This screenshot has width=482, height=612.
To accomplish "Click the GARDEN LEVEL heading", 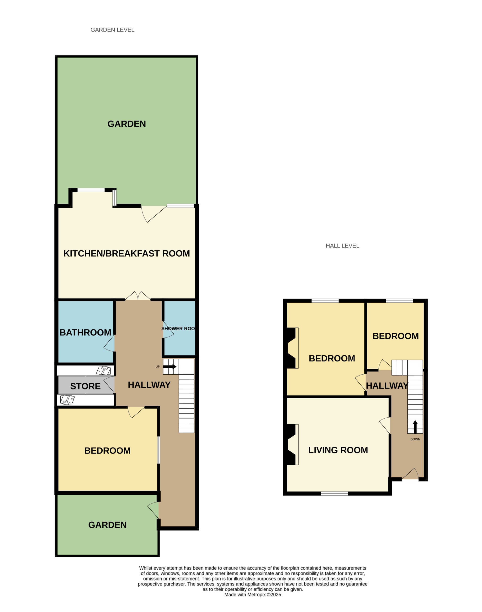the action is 112,30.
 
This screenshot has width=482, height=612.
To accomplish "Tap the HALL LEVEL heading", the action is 342,246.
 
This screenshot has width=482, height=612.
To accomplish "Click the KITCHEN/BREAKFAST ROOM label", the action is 127,253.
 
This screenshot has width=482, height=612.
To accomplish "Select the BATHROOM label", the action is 85,332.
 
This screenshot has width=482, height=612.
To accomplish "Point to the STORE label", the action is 85,386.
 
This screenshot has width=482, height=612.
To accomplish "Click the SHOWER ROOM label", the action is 178,329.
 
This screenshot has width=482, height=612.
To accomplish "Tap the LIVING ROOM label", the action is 338,450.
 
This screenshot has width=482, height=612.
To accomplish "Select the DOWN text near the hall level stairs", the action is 415,439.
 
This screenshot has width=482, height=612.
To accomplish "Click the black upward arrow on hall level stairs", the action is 415,427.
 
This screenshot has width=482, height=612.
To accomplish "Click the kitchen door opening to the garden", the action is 154,214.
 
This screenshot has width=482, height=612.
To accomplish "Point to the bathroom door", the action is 110,343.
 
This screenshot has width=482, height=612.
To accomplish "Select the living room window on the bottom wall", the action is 334,494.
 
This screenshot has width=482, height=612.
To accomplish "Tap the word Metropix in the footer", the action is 257,595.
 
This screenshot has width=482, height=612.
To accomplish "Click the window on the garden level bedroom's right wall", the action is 159,450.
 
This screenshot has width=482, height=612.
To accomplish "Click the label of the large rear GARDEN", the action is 127,124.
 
